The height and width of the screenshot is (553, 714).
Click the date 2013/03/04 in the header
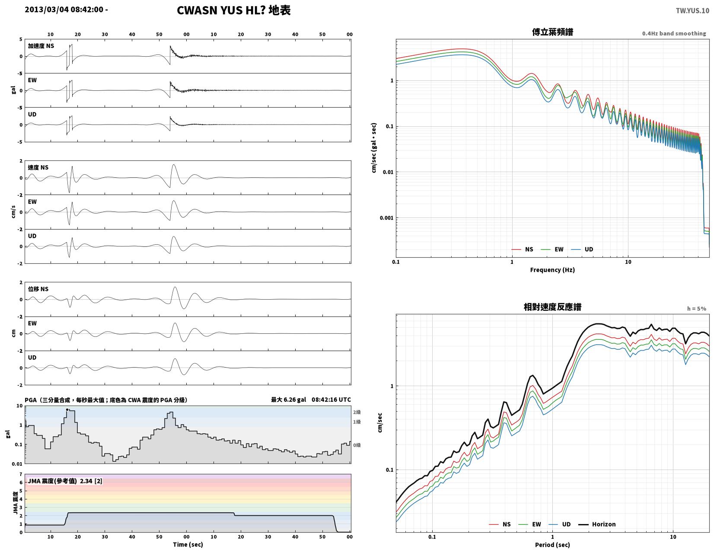click(x=46, y=10)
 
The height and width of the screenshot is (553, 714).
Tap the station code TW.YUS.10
click(x=692, y=11)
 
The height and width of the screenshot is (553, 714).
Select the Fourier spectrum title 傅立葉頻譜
click(x=552, y=32)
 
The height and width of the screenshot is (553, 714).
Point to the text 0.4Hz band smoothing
click(x=674, y=34)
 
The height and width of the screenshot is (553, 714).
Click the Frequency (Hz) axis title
click(x=552, y=270)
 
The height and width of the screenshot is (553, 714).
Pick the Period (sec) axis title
click(x=552, y=545)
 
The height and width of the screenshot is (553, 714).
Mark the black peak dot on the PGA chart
click(x=67, y=410)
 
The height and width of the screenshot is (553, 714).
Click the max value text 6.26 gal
click(x=295, y=400)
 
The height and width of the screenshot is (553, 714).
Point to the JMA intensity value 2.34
click(x=86, y=481)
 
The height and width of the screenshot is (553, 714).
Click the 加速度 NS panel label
click(x=41, y=46)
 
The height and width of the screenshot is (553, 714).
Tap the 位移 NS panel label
click(x=38, y=289)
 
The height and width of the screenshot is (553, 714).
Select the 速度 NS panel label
click(x=38, y=168)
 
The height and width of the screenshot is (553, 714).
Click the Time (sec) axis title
click(x=188, y=545)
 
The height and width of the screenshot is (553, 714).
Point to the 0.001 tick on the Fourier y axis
click(x=386, y=218)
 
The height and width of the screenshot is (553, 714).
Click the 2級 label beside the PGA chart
click(x=357, y=412)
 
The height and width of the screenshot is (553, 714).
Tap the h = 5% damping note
click(x=697, y=309)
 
